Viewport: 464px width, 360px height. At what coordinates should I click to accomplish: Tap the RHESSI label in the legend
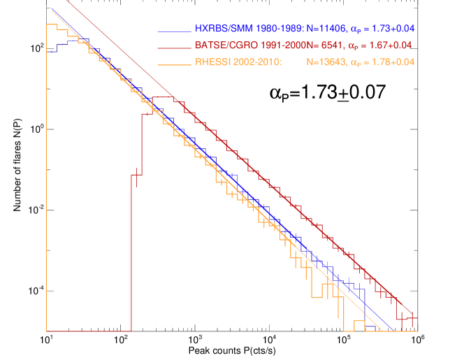(x=212, y=62)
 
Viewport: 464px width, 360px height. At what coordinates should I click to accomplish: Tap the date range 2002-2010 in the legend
(x=256, y=62)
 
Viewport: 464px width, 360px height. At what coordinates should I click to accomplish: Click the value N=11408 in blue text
(x=326, y=29)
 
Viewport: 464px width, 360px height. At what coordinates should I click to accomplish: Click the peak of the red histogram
(x=168, y=96)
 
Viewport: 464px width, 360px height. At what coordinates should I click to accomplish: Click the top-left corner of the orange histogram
(x=47, y=24)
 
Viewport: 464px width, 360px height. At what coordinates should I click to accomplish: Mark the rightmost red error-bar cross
(x=413, y=319)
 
